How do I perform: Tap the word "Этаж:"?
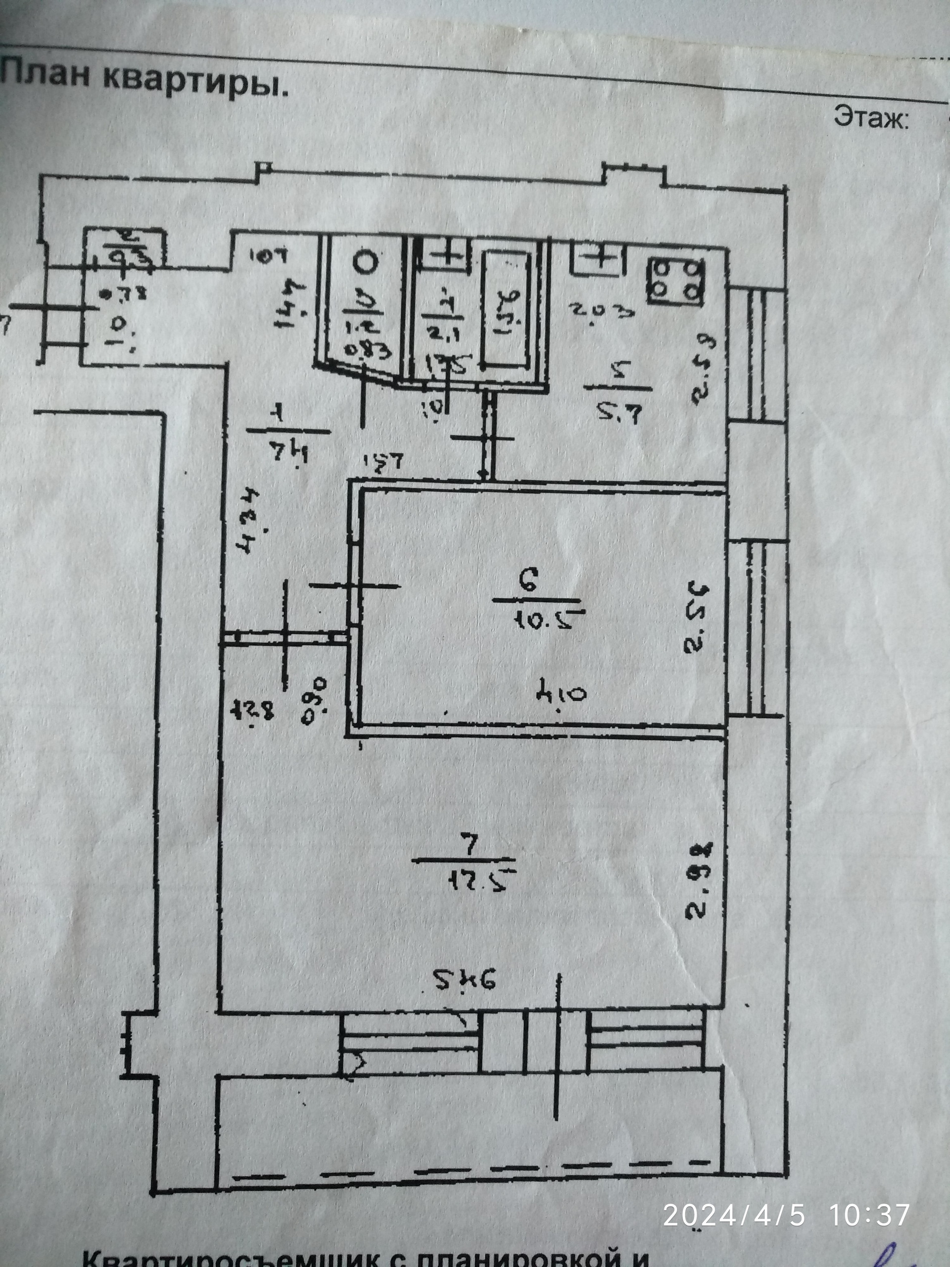(x=871, y=118)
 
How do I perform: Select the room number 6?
(x=528, y=582)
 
